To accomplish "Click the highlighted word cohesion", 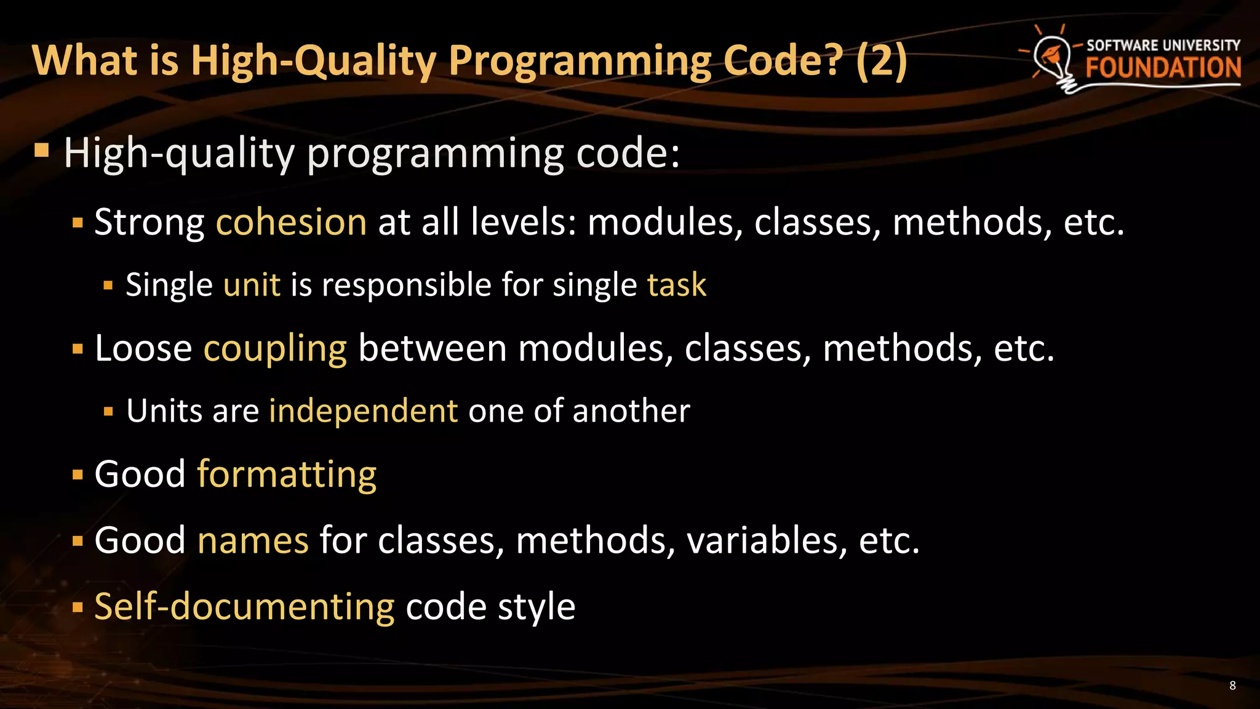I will pyautogui.click(x=291, y=222).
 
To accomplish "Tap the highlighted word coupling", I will pyautogui.click(x=275, y=349).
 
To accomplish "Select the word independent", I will pyautogui.click(x=363, y=411).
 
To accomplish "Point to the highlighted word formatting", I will pyautogui.click(x=287, y=475).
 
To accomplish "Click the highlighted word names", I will pyautogui.click(x=253, y=540).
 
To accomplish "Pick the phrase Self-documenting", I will pyautogui.click(x=244, y=607).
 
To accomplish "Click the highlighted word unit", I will pyautogui.click(x=252, y=285).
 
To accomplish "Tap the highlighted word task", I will pyautogui.click(x=677, y=285).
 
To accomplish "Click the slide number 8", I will pyautogui.click(x=1232, y=686).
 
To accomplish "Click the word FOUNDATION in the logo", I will pyautogui.click(x=1163, y=68).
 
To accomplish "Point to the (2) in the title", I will pyautogui.click(x=881, y=61).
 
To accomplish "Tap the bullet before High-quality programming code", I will pyautogui.click(x=42, y=151).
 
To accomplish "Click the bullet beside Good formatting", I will pyautogui.click(x=78, y=475).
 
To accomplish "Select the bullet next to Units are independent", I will pyautogui.click(x=109, y=411).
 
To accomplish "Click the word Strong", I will pyautogui.click(x=149, y=222).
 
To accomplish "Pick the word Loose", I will pyautogui.click(x=143, y=349).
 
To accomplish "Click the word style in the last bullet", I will pyautogui.click(x=536, y=607).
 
